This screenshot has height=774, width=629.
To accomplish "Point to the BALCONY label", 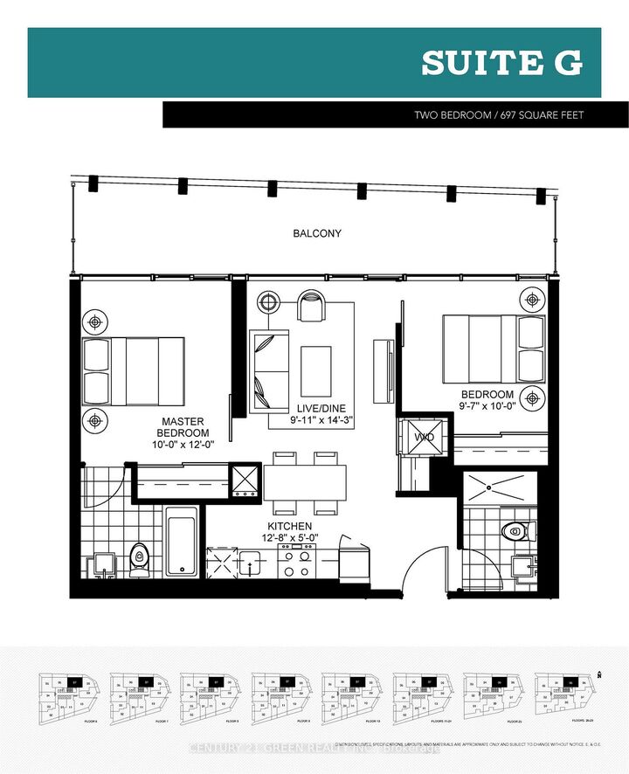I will [318, 234].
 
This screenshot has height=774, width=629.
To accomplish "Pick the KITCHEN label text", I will [289, 526].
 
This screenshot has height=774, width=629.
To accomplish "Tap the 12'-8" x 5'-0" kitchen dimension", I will [289, 538].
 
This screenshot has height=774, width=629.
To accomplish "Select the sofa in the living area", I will [269, 371].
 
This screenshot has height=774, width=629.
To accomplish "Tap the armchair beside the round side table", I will [310, 306].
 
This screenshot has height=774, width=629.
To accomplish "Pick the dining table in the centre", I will [304, 482].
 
